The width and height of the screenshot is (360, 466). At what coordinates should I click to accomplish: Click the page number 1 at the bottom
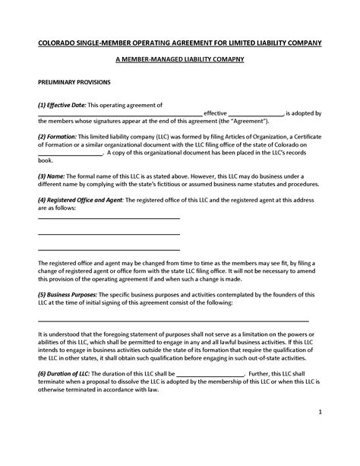coord(321,411)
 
